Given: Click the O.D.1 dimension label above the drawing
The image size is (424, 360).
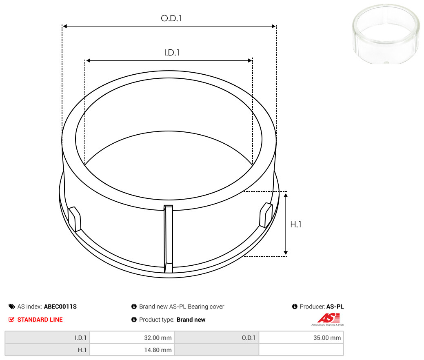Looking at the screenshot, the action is (x=171, y=18).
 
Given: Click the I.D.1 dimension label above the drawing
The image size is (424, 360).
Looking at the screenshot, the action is (x=172, y=53).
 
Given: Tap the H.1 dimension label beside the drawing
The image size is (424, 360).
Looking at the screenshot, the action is (x=295, y=224).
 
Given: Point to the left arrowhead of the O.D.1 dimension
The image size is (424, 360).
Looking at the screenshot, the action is (x=65, y=26).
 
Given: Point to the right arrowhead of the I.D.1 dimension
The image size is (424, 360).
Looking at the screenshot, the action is (x=250, y=60).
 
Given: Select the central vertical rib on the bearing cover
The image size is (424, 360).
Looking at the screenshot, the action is (x=168, y=239).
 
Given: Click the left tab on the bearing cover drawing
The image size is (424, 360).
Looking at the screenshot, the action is (x=74, y=219).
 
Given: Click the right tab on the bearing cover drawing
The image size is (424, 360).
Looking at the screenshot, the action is (x=266, y=215).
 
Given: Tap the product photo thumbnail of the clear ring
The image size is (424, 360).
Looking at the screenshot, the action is (x=386, y=34).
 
